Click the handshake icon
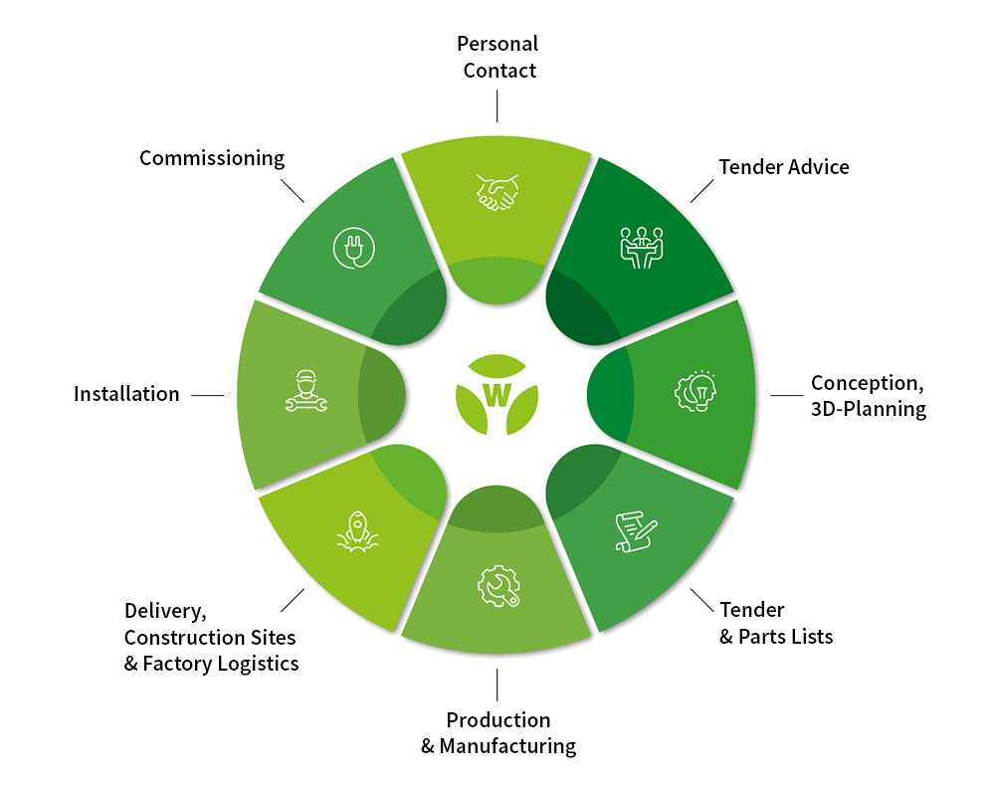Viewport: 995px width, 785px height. (497, 192)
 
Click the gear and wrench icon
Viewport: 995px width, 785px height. (497, 586)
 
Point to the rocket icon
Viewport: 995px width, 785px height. (356, 532)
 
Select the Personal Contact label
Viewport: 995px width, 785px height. (497, 57)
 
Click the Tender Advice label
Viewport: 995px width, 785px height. (784, 166)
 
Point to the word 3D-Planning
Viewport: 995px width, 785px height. (868, 409)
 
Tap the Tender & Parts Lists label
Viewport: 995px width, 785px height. (776, 623)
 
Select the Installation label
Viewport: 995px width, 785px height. (126, 394)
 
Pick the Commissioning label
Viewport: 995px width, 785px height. (212, 158)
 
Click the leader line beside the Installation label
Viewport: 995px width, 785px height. (208, 395)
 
